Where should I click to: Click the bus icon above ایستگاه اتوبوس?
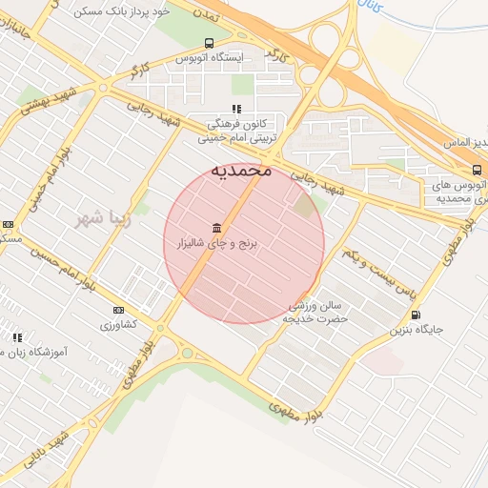click(x=209, y=43)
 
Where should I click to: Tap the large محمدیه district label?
click(x=241, y=171)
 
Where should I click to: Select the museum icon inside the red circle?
click(x=218, y=227)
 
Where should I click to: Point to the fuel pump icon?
click(x=415, y=315)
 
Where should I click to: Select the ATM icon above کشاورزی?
click(x=118, y=310)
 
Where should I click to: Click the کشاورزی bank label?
click(x=119, y=324)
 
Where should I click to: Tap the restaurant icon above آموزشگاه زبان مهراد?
click(x=17, y=337)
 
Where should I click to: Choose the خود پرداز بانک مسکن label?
click(x=121, y=11)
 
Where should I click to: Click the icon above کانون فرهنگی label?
click(x=236, y=109)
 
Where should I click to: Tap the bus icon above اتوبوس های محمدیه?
click(x=477, y=170)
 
